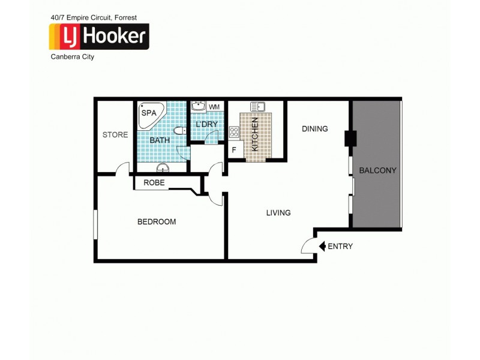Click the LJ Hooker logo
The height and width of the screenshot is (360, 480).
click(x=99, y=37)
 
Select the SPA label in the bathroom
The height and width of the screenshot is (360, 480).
click(x=149, y=112)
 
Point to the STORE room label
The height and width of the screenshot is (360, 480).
click(x=115, y=135)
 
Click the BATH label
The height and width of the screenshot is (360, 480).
click(x=160, y=140)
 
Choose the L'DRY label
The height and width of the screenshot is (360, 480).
click(x=206, y=124)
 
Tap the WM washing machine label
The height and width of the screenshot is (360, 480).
click(x=214, y=107)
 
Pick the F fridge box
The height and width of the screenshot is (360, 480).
click(x=235, y=150)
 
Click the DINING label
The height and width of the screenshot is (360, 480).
click(x=315, y=128)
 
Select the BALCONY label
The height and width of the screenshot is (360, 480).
click(x=377, y=170)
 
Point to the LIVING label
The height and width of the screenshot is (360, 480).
click(x=279, y=212)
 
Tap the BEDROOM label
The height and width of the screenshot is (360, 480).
click(x=157, y=222)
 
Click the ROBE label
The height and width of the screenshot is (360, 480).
click(x=154, y=183)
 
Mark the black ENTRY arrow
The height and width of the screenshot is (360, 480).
click(x=322, y=246)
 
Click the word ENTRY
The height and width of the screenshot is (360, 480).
click(x=341, y=246)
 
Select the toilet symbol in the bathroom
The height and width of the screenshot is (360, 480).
click(x=178, y=131)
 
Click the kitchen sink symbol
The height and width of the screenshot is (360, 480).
click(x=258, y=107)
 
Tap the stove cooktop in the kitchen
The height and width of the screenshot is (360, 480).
click(x=234, y=132)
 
